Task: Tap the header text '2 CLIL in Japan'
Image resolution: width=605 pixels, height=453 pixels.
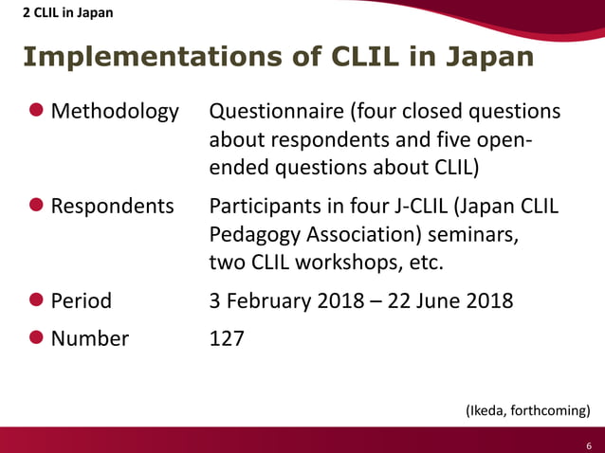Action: (x=64, y=12)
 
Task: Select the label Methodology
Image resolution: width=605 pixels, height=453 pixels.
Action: (x=114, y=112)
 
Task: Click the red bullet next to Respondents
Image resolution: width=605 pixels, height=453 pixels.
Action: (x=36, y=206)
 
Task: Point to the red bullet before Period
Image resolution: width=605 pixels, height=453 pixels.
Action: (x=36, y=300)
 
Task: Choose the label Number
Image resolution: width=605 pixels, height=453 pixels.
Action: (x=90, y=337)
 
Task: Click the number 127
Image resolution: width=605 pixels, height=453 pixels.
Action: (x=227, y=337)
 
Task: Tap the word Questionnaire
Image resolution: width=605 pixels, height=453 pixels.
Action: (x=276, y=112)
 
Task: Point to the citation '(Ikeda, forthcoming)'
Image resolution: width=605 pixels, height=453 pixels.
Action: (x=527, y=410)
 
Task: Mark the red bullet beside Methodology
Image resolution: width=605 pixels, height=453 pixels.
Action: (x=36, y=111)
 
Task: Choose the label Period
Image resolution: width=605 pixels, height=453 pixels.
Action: (x=81, y=301)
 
